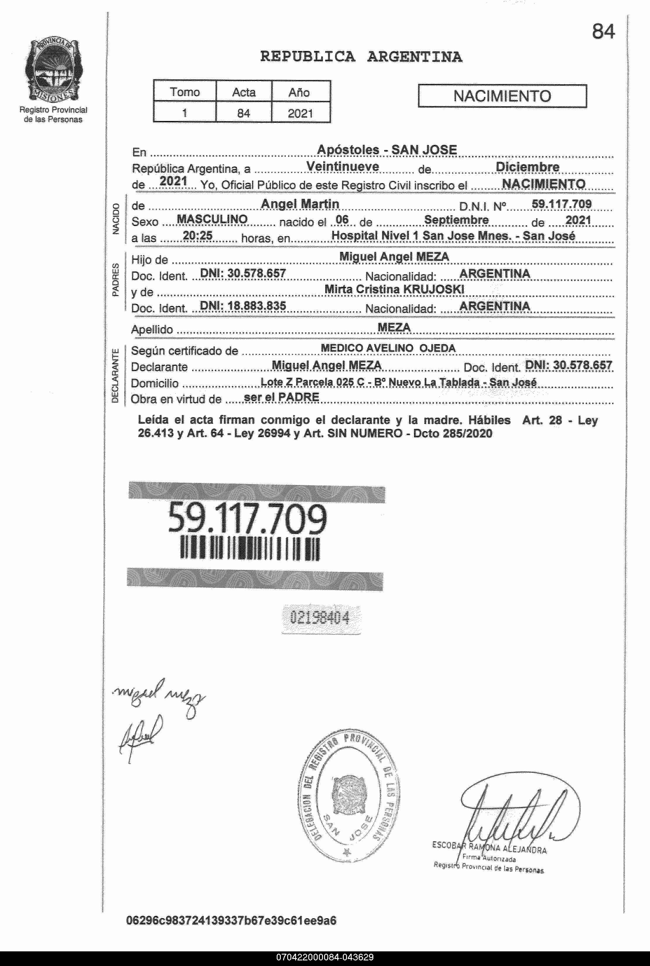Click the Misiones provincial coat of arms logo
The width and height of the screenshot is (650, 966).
tap(53, 69)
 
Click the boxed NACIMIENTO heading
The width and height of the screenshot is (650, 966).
tap(502, 96)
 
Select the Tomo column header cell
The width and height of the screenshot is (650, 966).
tap(184, 92)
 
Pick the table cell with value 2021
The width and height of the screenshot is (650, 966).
tap(300, 113)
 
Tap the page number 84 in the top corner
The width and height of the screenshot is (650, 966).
tap(603, 32)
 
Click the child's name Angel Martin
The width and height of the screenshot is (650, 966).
tap(300, 204)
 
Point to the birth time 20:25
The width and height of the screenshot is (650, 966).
tap(197, 236)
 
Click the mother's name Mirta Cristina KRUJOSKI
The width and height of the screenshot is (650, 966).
tap(394, 289)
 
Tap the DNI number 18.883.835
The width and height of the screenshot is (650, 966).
tap(243, 306)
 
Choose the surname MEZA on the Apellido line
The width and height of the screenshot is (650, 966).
tap(394, 327)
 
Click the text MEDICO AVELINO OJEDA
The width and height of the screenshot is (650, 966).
tap(388, 348)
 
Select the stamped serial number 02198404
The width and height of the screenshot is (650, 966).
tap(320, 618)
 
